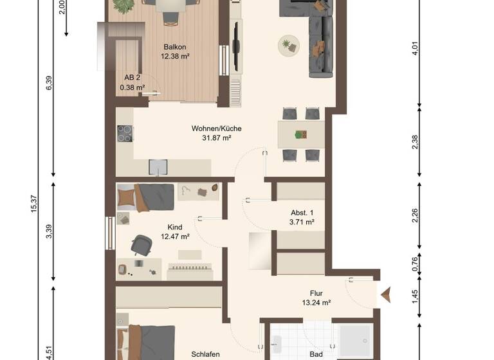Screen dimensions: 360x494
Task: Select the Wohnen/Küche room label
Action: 216,128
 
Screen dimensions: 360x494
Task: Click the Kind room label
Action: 175,227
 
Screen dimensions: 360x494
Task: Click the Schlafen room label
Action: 206,354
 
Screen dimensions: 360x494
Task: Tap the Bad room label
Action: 315,354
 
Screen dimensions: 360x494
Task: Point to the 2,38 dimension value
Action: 416,142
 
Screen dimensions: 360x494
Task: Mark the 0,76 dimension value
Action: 416,264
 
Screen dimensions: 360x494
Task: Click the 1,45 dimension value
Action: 416,296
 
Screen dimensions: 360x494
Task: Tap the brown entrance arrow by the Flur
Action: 387,295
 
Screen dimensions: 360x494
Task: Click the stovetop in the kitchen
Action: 125,133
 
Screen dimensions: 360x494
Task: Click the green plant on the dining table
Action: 298,134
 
